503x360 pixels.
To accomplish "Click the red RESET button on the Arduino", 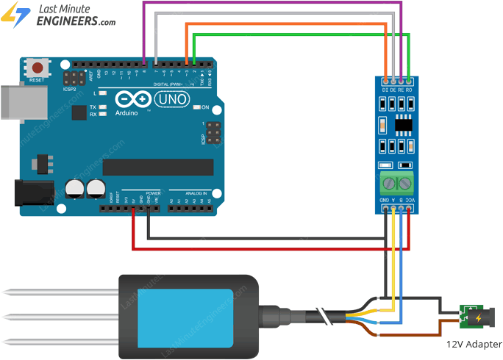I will click(x=35, y=68).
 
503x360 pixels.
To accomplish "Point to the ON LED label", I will click(x=206, y=107).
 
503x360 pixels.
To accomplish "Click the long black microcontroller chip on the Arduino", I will click(x=157, y=167).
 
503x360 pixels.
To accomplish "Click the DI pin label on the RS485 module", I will click(x=385, y=90).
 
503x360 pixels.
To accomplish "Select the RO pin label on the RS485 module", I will click(x=409, y=90).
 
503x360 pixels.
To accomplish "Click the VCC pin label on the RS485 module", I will click(x=410, y=200).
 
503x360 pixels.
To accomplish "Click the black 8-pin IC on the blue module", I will click(x=403, y=124).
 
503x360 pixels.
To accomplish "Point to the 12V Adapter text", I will click(x=474, y=344).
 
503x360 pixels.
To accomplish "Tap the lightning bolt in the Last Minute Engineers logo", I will click(x=15, y=15).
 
